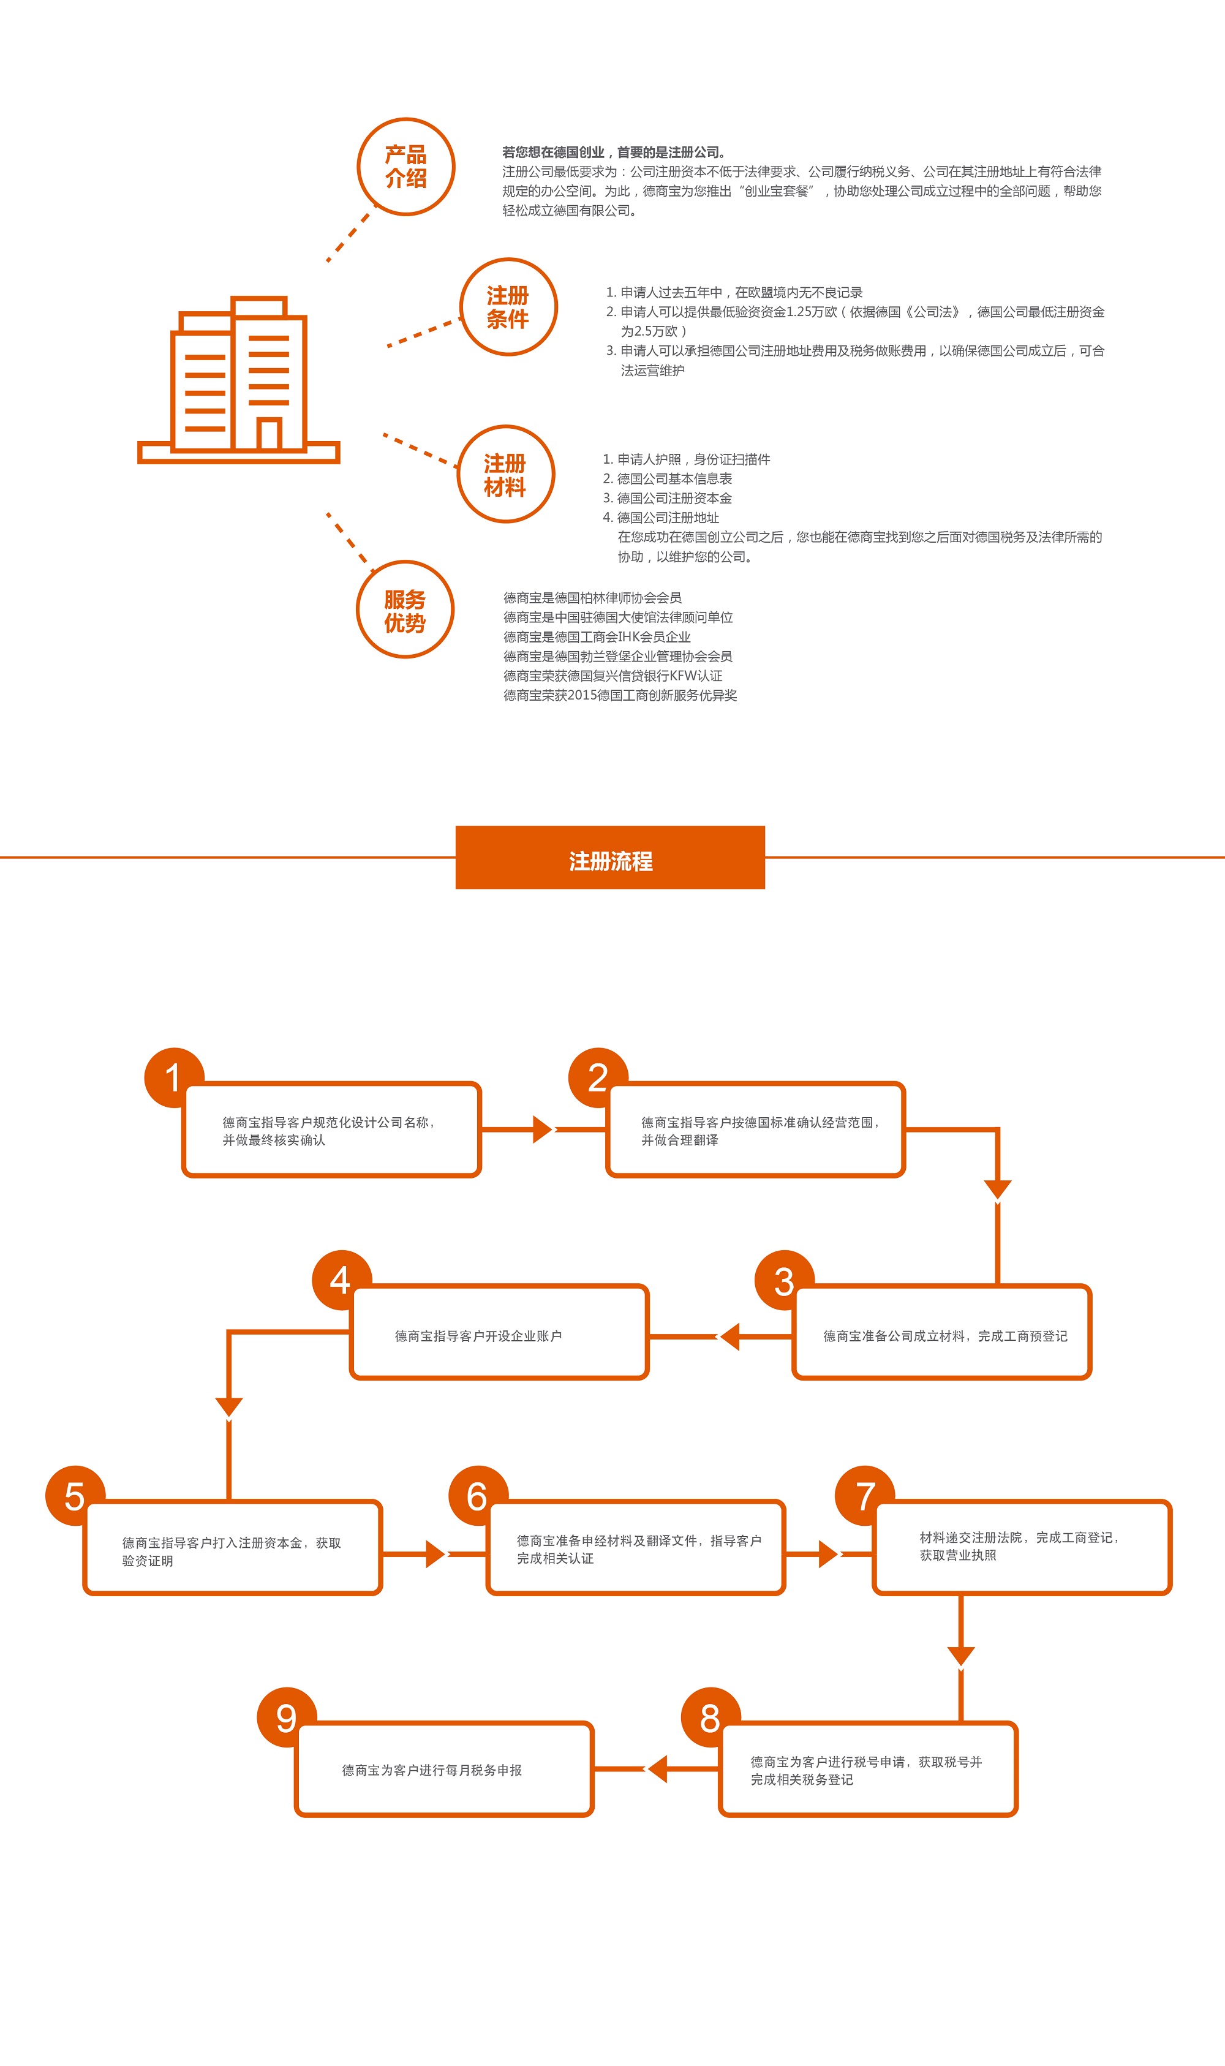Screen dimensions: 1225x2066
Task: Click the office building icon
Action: click(x=238, y=380)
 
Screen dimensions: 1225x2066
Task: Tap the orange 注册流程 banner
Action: click(x=610, y=858)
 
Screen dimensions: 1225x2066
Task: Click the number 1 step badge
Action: click(x=173, y=1077)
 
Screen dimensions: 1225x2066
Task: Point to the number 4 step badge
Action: click(x=341, y=1280)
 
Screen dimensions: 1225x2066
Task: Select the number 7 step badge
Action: click(x=865, y=1496)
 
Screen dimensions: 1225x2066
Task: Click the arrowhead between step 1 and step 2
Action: click(x=542, y=1129)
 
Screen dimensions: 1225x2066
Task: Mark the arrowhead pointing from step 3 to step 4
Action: click(x=729, y=1336)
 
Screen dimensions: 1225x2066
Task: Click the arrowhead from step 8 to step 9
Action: click(x=658, y=1769)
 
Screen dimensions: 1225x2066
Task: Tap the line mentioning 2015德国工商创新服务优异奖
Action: click(x=620, y=695)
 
